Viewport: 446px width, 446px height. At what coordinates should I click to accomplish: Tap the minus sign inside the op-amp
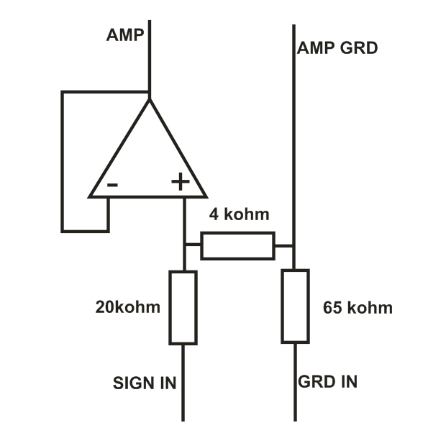[x=113, y=184]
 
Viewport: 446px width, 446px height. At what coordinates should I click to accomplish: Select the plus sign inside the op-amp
[x=180, y=182]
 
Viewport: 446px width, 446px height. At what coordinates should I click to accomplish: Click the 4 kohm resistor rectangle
[x=237, y=245]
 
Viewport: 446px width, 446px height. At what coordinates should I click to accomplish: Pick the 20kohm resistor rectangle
[x=183, y=307]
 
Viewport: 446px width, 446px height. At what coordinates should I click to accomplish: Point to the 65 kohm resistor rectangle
[x=295, y=306]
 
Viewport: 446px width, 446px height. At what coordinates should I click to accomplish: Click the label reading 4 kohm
[x=239, y=214]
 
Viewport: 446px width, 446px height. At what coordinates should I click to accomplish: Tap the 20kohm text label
[x=127, y=307]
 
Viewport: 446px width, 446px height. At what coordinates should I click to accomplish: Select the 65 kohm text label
[x=358, y=308]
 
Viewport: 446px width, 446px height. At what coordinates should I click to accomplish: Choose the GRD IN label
[x=328, y=381]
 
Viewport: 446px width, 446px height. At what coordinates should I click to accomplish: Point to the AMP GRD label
[x=337, y=49]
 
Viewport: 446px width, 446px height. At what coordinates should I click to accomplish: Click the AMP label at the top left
[x=124, y=35]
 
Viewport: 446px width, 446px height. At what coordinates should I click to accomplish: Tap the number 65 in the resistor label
[x=332, y=308]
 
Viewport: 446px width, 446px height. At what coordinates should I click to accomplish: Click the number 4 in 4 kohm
[x=214, y=214]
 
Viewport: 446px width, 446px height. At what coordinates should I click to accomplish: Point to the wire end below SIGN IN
[x=183, y=419]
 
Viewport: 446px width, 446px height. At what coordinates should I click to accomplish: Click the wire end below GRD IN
[x=295, y=419]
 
